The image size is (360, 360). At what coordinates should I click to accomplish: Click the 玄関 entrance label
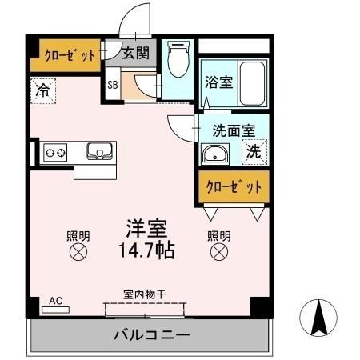point(135,54)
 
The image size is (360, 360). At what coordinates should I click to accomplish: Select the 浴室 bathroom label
point(217,81)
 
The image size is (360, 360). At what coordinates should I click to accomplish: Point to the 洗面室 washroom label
point(234,130)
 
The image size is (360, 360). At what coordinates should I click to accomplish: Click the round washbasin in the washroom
point(214,154)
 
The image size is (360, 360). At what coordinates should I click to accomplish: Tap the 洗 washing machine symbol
point(254,150)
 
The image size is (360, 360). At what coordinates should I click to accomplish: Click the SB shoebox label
point(112,83)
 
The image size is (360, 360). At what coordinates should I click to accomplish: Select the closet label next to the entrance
point(66,54)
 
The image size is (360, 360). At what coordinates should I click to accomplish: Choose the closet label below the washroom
point(234,187)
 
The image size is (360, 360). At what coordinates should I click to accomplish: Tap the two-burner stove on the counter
point(55,151)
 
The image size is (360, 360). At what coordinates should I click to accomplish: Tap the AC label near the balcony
point(56,301)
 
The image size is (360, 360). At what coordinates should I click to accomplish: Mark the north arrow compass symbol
point(318,320)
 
